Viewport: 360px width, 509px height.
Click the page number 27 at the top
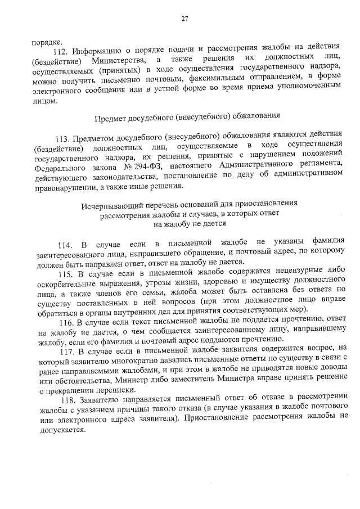(x=184, y=20)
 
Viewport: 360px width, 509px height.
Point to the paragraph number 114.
(x=66, y=244)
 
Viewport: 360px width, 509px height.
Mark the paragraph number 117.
(x=73, y=349)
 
